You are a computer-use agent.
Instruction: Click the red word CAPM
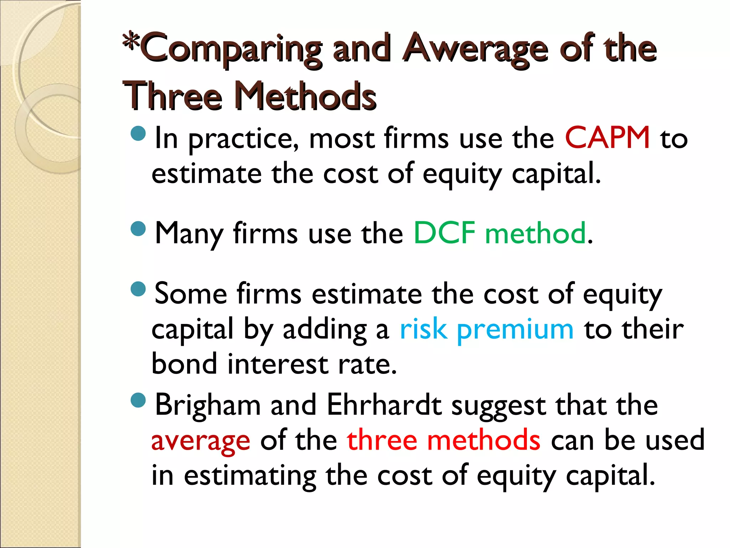(607, 138)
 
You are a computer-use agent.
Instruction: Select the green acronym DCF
(444, 233)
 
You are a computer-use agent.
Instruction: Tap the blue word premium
(515, 329)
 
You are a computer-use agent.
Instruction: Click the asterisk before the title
(130, 41)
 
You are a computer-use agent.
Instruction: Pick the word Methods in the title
(305, 96)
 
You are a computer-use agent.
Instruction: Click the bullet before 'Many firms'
(138, 229)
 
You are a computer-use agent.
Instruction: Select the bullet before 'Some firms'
(138, 289)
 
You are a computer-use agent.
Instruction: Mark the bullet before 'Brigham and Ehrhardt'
(138, 400)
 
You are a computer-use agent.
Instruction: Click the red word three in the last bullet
(382, 440)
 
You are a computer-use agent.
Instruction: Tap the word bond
(184, 364)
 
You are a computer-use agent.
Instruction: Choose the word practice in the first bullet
(243, 139)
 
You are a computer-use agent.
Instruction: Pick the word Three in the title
(173, 96)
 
